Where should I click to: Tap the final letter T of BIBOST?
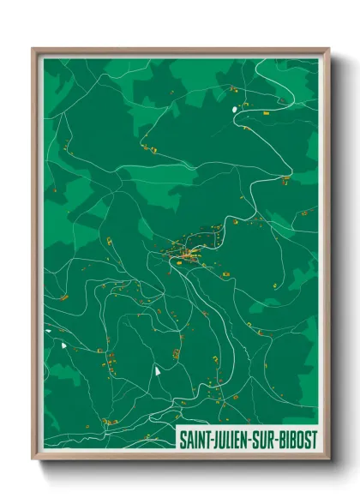point(315,440)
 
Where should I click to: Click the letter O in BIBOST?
point(301,440)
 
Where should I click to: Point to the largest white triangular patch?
point(158,373)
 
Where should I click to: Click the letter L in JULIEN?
point(228,440)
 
